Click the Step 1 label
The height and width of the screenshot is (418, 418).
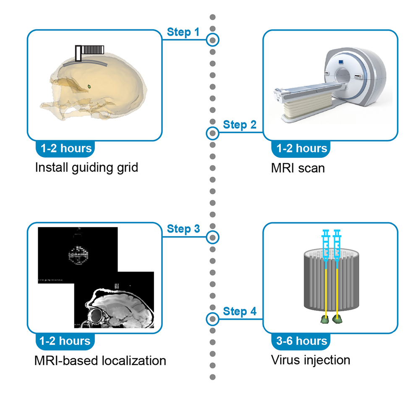pyautogui.click(x=183, y=32)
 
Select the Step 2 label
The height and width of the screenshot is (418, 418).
pyautogui.click(x=240, y=125)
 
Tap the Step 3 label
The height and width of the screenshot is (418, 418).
pyautogui.click(x=183, y=229)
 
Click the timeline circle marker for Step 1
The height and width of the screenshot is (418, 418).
pyautogui.click(x=213, y=40)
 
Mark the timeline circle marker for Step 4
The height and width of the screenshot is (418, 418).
pyautogui.click(x=213, y=319)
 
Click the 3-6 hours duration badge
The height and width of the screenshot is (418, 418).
pyautogui.click(x=302, y=340)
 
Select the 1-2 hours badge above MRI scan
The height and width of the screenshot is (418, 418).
pyautogui.click(x=302, y=148)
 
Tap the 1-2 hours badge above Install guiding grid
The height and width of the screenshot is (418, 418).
pyautogui.click(x=66, y=148)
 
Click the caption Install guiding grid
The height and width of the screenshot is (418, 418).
pyautogui.click(x=86, y=168)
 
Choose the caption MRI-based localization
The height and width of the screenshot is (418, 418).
pyautogui.click(x=100, y=360)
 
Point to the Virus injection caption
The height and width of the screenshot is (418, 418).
pyautogui.click(x=311, y=360)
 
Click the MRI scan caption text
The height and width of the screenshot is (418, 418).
pyautogui.click(x=298, y=168)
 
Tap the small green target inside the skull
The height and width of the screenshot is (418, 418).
pyautogui.click(x=89, y=86)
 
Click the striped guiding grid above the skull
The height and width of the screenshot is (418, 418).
pyautogui.click(x=93, y=50)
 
